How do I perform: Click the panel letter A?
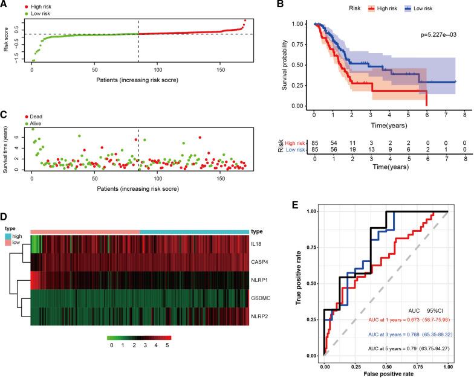pyautogui.click(x=4, y=5)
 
